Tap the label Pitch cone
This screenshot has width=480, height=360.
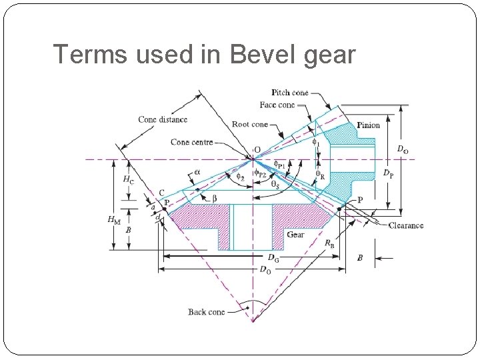pos(290,93)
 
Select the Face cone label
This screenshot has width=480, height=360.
pos(277,105)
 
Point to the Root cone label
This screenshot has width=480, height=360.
pos(250,124)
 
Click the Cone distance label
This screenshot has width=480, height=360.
pos(163,120)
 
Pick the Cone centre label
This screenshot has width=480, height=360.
pos(191,142)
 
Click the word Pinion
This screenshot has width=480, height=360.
pos(368,125)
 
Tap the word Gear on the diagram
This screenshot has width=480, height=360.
pos(296,235)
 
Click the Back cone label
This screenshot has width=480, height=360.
pos(206,312)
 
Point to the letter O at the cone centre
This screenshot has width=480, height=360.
pos(257,150)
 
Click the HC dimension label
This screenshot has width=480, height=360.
pos(127,180)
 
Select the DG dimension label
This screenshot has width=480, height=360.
pos(273,257)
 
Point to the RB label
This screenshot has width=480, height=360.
pos(330,244)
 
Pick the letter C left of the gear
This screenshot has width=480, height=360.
pos(161,193)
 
